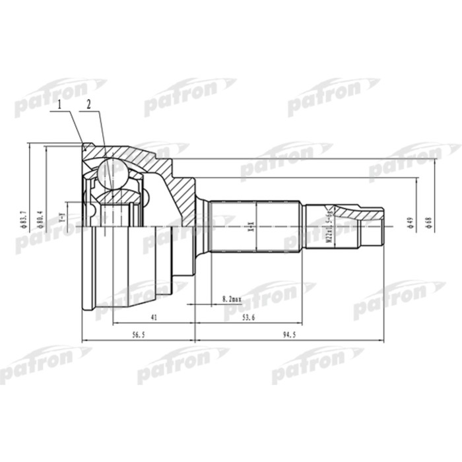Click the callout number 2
88,105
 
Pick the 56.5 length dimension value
138,335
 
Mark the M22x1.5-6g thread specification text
328,224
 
